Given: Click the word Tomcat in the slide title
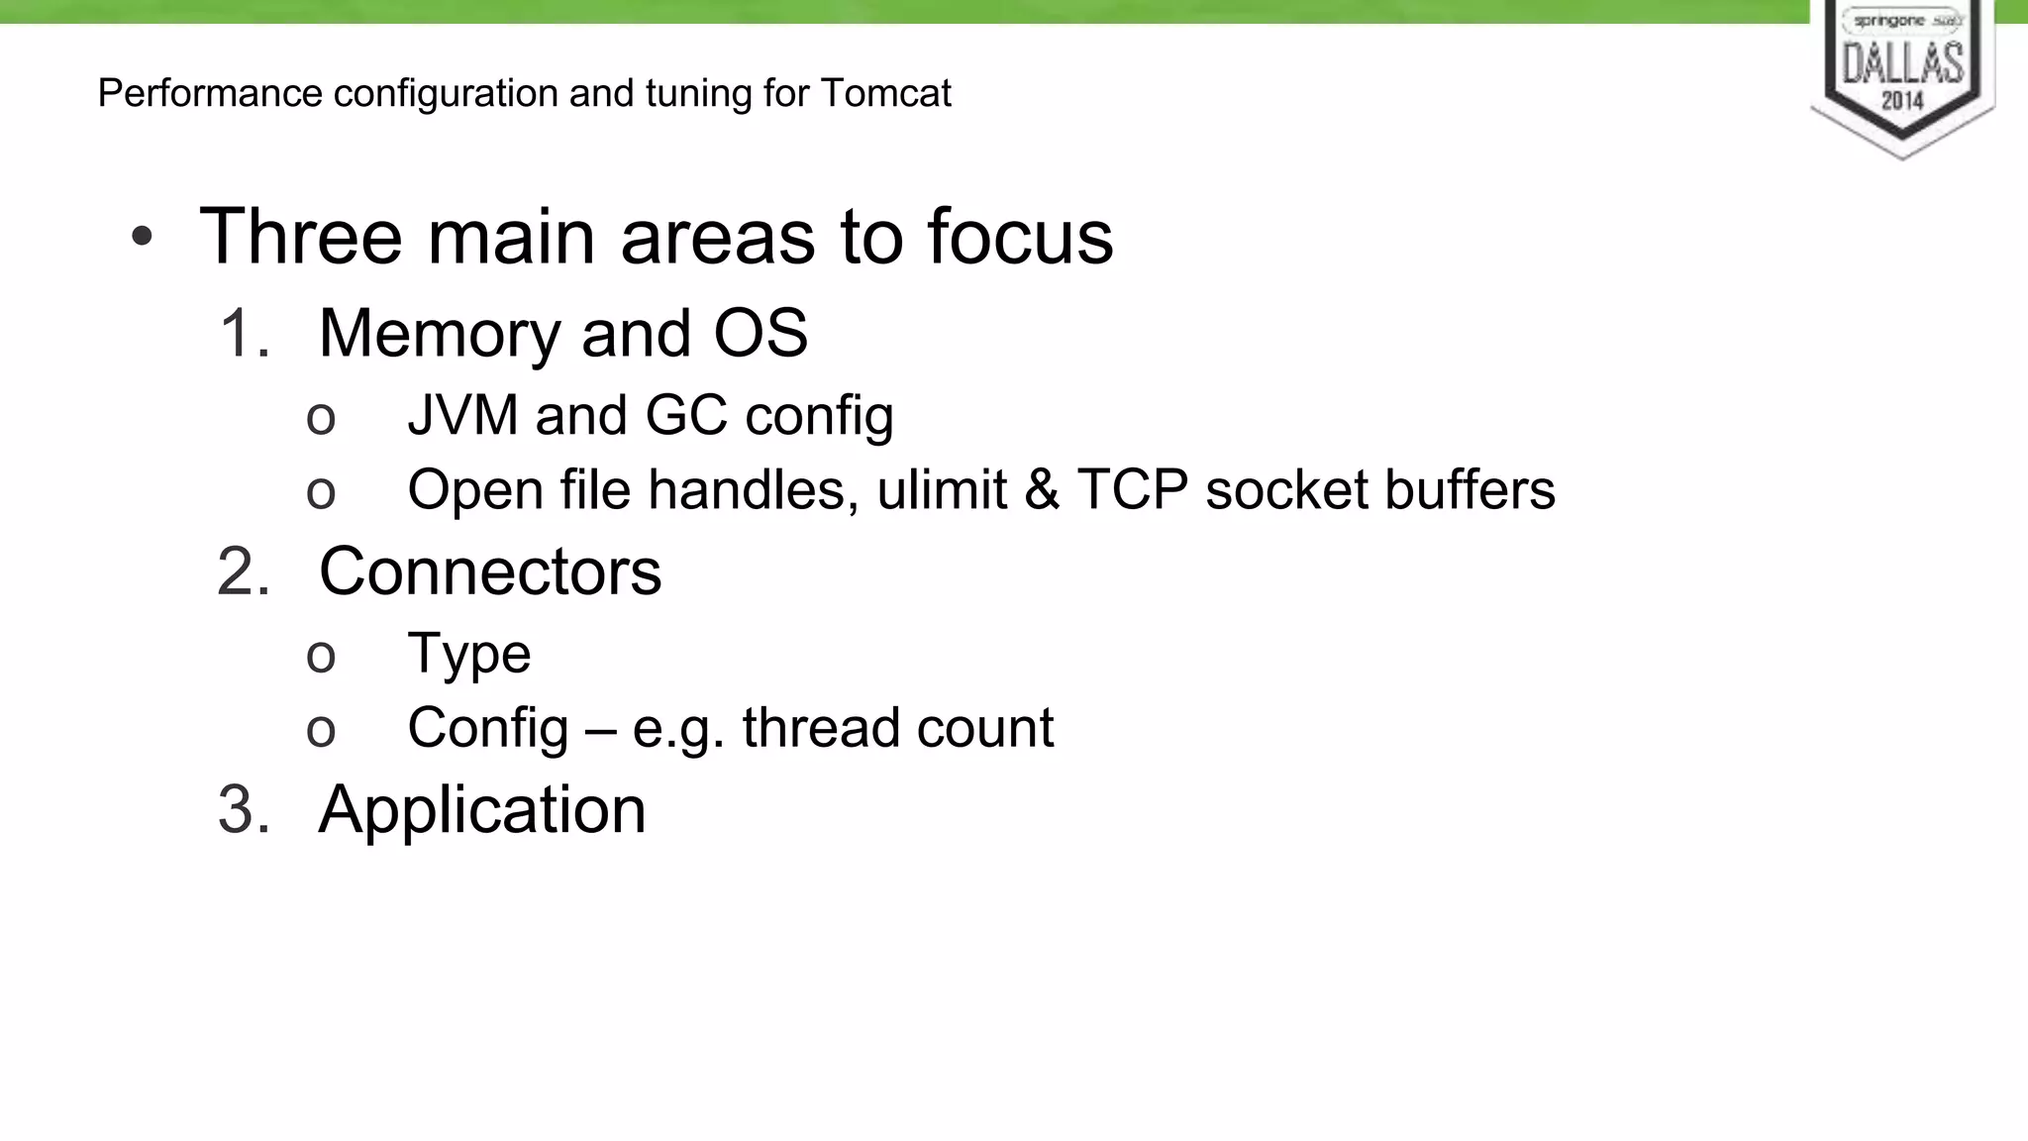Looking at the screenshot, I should pyautogui.click(x=886, y=93).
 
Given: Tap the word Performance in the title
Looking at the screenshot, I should pyautogui.click(x=210, y=93).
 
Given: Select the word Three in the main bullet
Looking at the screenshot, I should pyautogui.click(x=301, y=237).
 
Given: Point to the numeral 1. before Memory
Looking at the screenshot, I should pyautogui.click(x=244, y=333).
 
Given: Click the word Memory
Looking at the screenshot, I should pyautogui.click(x=440, y=334).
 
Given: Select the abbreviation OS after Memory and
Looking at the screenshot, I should pyautogui.click(x=760, y=333).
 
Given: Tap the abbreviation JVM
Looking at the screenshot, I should pyautogui.click(x=462, y=414).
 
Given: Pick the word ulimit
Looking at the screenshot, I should pyautogui.click(x=942, y=489).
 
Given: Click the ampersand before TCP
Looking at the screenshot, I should pyautogui.click(x=1042, y=489).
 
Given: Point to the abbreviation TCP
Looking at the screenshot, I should pyautogui.click(x=1132, y=489).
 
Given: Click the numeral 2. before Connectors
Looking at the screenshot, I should pyautogui.click(x=244, y=571).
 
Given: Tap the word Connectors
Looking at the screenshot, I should pyautogui.click(x=490, y=571).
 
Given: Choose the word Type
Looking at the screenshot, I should pyautogui.click(x=469, y=654).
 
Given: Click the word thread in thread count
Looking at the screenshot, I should pyautogui.click(x=821, y=727).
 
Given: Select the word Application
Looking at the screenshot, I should pyautogui.click(x=482, y=810).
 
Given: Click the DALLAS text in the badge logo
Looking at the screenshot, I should pyautogui.click(x=1902, y=63).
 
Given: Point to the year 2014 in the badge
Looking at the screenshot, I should pyautogui.click(x=1902, y=100).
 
